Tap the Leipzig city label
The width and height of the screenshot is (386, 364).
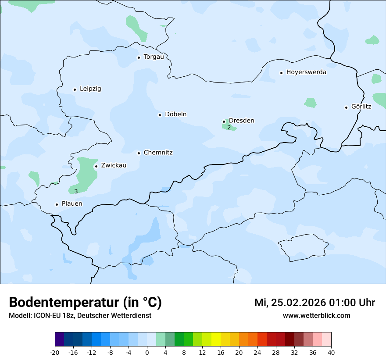[90, 89]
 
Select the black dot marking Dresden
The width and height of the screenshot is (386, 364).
[224, 121]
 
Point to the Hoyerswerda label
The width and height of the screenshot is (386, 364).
[306, 72]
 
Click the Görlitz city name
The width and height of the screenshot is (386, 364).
[361, 107]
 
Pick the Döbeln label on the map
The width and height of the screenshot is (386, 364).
[175, 114]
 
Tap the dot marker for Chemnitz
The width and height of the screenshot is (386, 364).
[139, 153]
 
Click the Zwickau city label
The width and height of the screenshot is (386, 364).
[114, 165]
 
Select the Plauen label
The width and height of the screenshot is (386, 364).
[72, 204]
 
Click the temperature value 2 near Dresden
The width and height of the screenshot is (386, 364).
[229, 128]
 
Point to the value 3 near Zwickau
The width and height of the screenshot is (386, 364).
[76, 191]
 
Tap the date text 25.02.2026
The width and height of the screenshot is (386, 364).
[298, 303]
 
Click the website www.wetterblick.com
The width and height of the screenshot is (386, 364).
[317, 316]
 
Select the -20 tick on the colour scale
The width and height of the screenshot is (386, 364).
[55, 352]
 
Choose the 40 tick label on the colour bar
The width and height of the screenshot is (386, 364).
[331, 352]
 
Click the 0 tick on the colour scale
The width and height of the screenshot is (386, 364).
[147, 352]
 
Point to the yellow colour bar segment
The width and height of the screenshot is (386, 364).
[216, 339]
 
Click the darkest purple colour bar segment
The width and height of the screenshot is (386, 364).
[59, 339]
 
